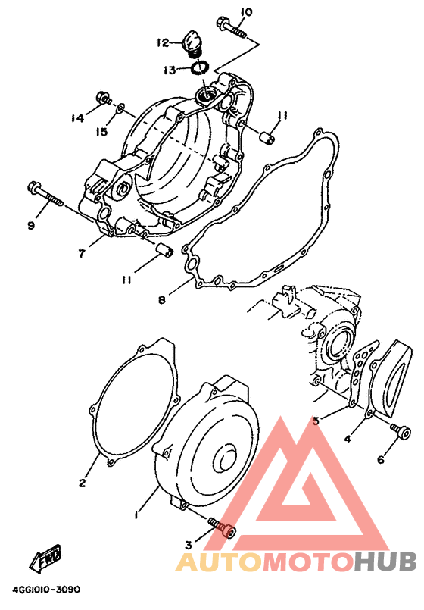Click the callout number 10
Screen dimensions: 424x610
[x=245, y=12]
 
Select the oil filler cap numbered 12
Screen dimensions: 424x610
[x=192, y=45]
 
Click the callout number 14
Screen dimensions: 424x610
[x=77, y=117]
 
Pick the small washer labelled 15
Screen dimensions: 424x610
[x=120, y=107]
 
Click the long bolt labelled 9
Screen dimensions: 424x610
[x=45, y=196]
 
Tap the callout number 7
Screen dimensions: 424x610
[x=82, y=254]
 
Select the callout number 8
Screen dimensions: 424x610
[x=162, y=300]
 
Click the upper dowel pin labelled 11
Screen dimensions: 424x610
[x=267, y=137]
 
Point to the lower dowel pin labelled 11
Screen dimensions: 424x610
[x=165, y=250]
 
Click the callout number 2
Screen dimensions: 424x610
[x=82, y=483]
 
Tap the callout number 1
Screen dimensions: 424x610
[x=136, y=515]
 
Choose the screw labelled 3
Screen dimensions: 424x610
[x=222, y=528]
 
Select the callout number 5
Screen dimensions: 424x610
[x=316, y=421]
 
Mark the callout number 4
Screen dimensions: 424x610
[x=348, y=439]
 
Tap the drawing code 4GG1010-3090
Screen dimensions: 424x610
[x=46, y=590]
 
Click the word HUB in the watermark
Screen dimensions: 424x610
[x=385, y=562]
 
